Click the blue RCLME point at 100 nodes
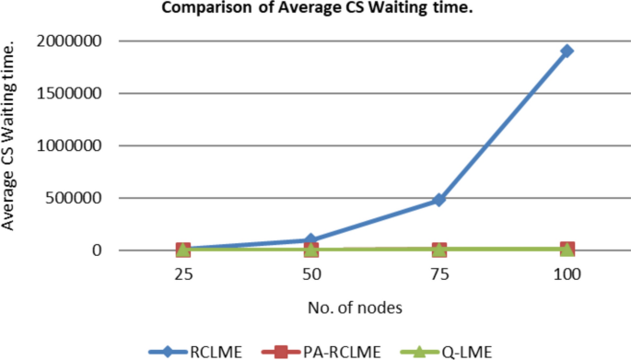coord(567,51)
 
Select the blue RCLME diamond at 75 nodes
coord(439,199)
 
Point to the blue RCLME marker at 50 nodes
coord(311,240)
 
